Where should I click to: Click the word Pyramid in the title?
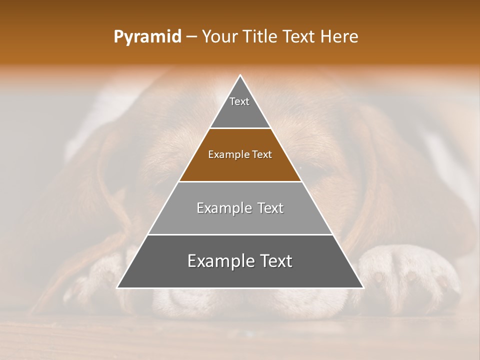coord(147,37)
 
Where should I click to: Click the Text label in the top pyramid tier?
coord(239,101)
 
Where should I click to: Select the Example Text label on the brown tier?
coord(240,154)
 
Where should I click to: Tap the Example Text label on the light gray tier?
coord(240,208)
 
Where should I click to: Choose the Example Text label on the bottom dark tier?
coord(240,261)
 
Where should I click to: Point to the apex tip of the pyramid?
coord(240,76)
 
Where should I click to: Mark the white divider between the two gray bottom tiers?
coord(240,234)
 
